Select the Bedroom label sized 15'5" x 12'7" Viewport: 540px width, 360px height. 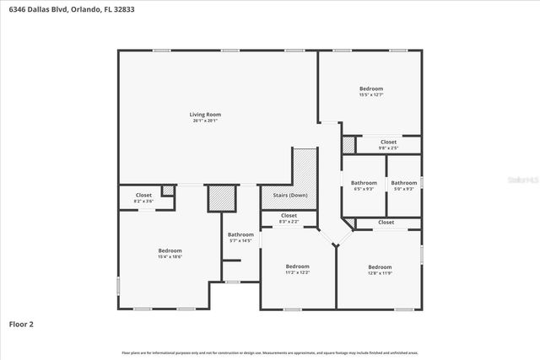(x=371, y=89)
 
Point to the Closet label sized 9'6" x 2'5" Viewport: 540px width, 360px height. (x=388, y=142)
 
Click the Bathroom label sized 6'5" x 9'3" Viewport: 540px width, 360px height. (x=364, y=183)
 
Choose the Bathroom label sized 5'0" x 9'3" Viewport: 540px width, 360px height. (x=403, y=183)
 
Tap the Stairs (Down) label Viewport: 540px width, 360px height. (x=289, y=196)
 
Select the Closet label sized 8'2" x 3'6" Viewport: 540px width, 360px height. (x=143, y=196)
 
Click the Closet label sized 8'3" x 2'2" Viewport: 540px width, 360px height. (x=289, y=216)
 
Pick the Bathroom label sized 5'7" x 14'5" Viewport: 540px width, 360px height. (x=240, y=234)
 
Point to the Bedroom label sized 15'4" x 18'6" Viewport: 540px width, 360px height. (x=170, y=250)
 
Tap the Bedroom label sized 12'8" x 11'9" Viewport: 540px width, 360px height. (x=380, y=266)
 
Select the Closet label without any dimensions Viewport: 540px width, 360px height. (x=386, y=222)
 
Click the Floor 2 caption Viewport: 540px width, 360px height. (x=20, y=323)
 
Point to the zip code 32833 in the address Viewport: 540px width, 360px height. (x=123, y=9)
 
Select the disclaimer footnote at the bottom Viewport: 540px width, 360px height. (x=270, y=352)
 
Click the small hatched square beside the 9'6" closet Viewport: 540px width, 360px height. (x=348, y=144)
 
